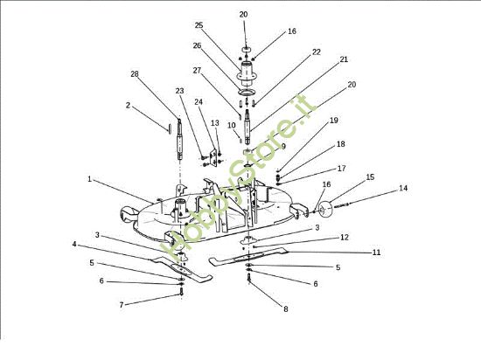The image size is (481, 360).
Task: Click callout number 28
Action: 135,74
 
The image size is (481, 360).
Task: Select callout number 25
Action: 199,25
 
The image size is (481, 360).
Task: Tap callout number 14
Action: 403,188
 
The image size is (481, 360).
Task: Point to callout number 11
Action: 376,253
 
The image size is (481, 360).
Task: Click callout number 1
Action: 89,179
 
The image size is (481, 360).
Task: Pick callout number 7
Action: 122,305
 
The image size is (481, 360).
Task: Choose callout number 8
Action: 286,309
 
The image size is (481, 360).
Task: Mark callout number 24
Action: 199,101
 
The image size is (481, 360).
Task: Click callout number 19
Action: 333,120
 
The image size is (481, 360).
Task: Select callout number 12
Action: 345,237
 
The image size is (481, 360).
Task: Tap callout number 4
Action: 74,244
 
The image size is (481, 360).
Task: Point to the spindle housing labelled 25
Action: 247,73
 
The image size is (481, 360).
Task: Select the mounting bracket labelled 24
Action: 213,157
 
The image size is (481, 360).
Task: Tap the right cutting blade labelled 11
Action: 248,256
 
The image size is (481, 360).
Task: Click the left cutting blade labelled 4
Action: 182,269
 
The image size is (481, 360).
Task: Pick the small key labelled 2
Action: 169,128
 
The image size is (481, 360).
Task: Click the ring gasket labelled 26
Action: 247,92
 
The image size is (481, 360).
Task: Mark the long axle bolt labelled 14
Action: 341,205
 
